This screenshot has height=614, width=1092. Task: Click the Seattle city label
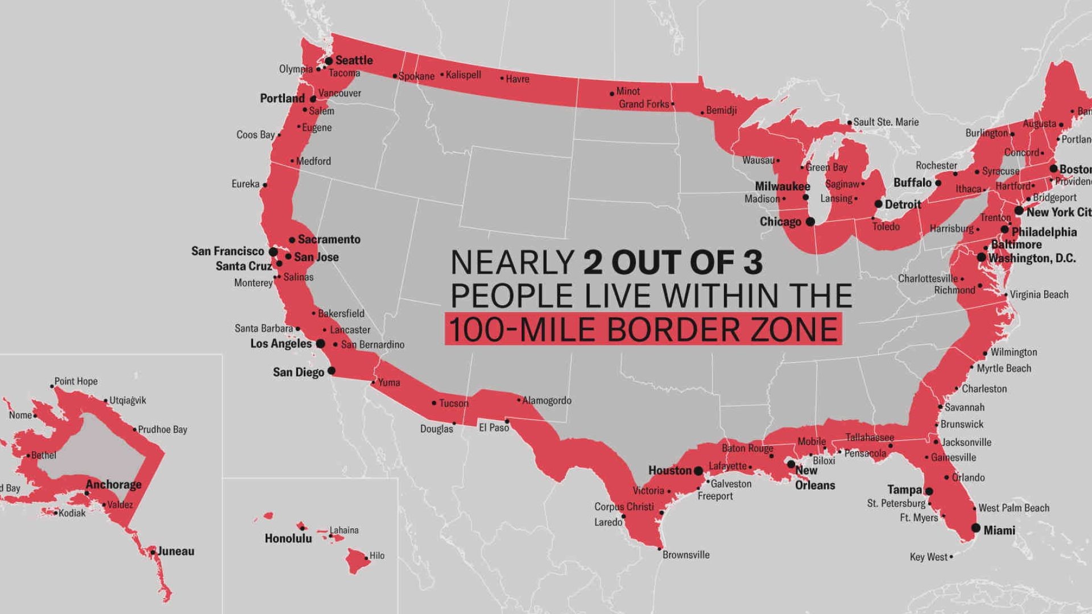[x=354, y=60]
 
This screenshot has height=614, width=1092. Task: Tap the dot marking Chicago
[x=810, y=222]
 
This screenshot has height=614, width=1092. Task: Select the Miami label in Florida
[x=999, y=530]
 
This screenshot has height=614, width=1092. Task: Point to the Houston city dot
[x=698, y=471]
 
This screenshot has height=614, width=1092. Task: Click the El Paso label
[x=494, y=428]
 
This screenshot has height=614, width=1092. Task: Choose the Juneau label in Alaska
[x=176, y=551]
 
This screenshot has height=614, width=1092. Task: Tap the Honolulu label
[x=288, y=538]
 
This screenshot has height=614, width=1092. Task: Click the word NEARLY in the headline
[x=512, y=263]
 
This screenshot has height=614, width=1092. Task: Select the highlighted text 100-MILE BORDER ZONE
[x=643, y=329]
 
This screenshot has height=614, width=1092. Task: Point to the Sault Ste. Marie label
[x=886, y=122]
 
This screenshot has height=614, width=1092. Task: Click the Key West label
[x=929, y=557]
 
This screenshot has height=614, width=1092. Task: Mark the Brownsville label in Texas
[x=686, y=555]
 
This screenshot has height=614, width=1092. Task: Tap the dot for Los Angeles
[x=320, y=344]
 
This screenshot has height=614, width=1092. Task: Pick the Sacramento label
[x=329, y=239]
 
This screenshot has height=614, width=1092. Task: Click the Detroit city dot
[x=878, y=204]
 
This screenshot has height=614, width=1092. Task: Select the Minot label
[x=628, y=91]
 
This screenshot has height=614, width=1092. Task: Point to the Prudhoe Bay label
[x=163, y=430]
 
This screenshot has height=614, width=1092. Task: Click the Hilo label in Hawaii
[x=377, y=555]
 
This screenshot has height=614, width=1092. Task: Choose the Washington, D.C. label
[x=1032, y=258]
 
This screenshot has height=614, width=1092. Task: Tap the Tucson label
[x=454, y=403]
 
